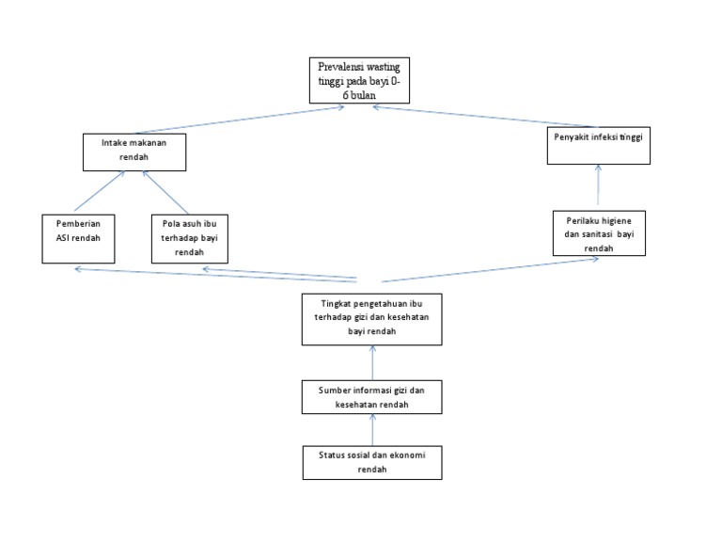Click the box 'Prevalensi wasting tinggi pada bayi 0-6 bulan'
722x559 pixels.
pyautogui.click(x=359, y=81)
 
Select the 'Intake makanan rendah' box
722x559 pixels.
pyautogui.click(x=133, y=152)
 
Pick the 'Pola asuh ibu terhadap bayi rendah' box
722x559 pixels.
pyautogui.click(x=189, y=239)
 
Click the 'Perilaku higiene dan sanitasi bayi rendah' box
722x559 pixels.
pyautogui.click(x=599, y=232)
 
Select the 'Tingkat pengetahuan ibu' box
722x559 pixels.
pyautogui.click(x=372, y=319)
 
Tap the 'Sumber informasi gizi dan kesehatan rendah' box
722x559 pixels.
pyautogui.click(x=372, y=397)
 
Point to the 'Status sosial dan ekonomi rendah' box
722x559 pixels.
pyautogui.click(x=372, y=462)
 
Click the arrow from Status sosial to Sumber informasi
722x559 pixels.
pyautogui.click(x=373, y=430)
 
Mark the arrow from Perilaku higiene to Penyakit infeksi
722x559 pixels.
pyautogui.click(x=598, y=185)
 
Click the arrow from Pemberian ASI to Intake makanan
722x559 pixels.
pyautogui.click(x=100, y=193)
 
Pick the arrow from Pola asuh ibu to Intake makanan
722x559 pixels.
pyautogui.click(x=165, y=193)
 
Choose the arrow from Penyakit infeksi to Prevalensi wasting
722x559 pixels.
pyautogui.click(x=483, y=118)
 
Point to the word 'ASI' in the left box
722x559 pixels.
pyautogui.click(x=62, y=239)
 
